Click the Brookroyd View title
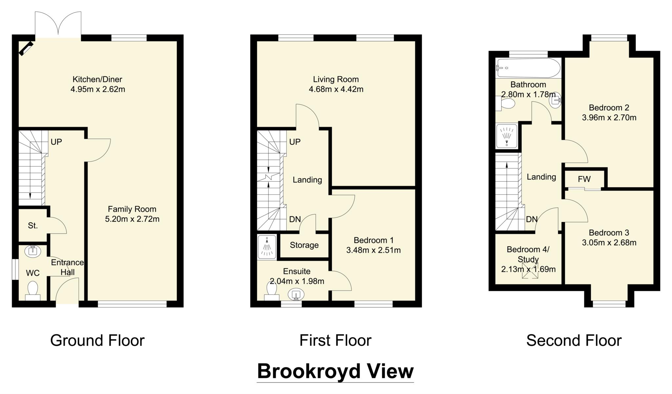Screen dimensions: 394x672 coord(335,371)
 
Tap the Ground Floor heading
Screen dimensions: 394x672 coord(97,340)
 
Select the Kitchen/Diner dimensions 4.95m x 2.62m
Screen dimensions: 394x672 coord(97,89)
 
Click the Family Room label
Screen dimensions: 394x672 coord(132,209)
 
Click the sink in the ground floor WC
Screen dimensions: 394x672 coord(33,251)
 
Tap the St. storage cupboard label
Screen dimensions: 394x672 coord(33,226)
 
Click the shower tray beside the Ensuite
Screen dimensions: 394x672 coord(267,246)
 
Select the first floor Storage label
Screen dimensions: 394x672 coord(304,245)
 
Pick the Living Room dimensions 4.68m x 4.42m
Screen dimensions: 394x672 coord(336,89)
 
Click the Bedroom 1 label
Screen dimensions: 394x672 coord(373,240)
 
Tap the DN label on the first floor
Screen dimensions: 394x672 coord(295,219)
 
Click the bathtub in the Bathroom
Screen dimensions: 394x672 coord(528,68)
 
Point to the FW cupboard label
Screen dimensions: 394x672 coord(584,179)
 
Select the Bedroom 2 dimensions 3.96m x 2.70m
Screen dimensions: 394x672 coord(609,118)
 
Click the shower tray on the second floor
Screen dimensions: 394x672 coord(507,136)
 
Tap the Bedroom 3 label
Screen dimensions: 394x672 coord(609,233)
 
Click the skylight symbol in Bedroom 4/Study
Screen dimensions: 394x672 coord(530,271)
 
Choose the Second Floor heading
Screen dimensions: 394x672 coord(574,340)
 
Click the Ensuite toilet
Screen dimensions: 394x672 coord(271,291)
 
